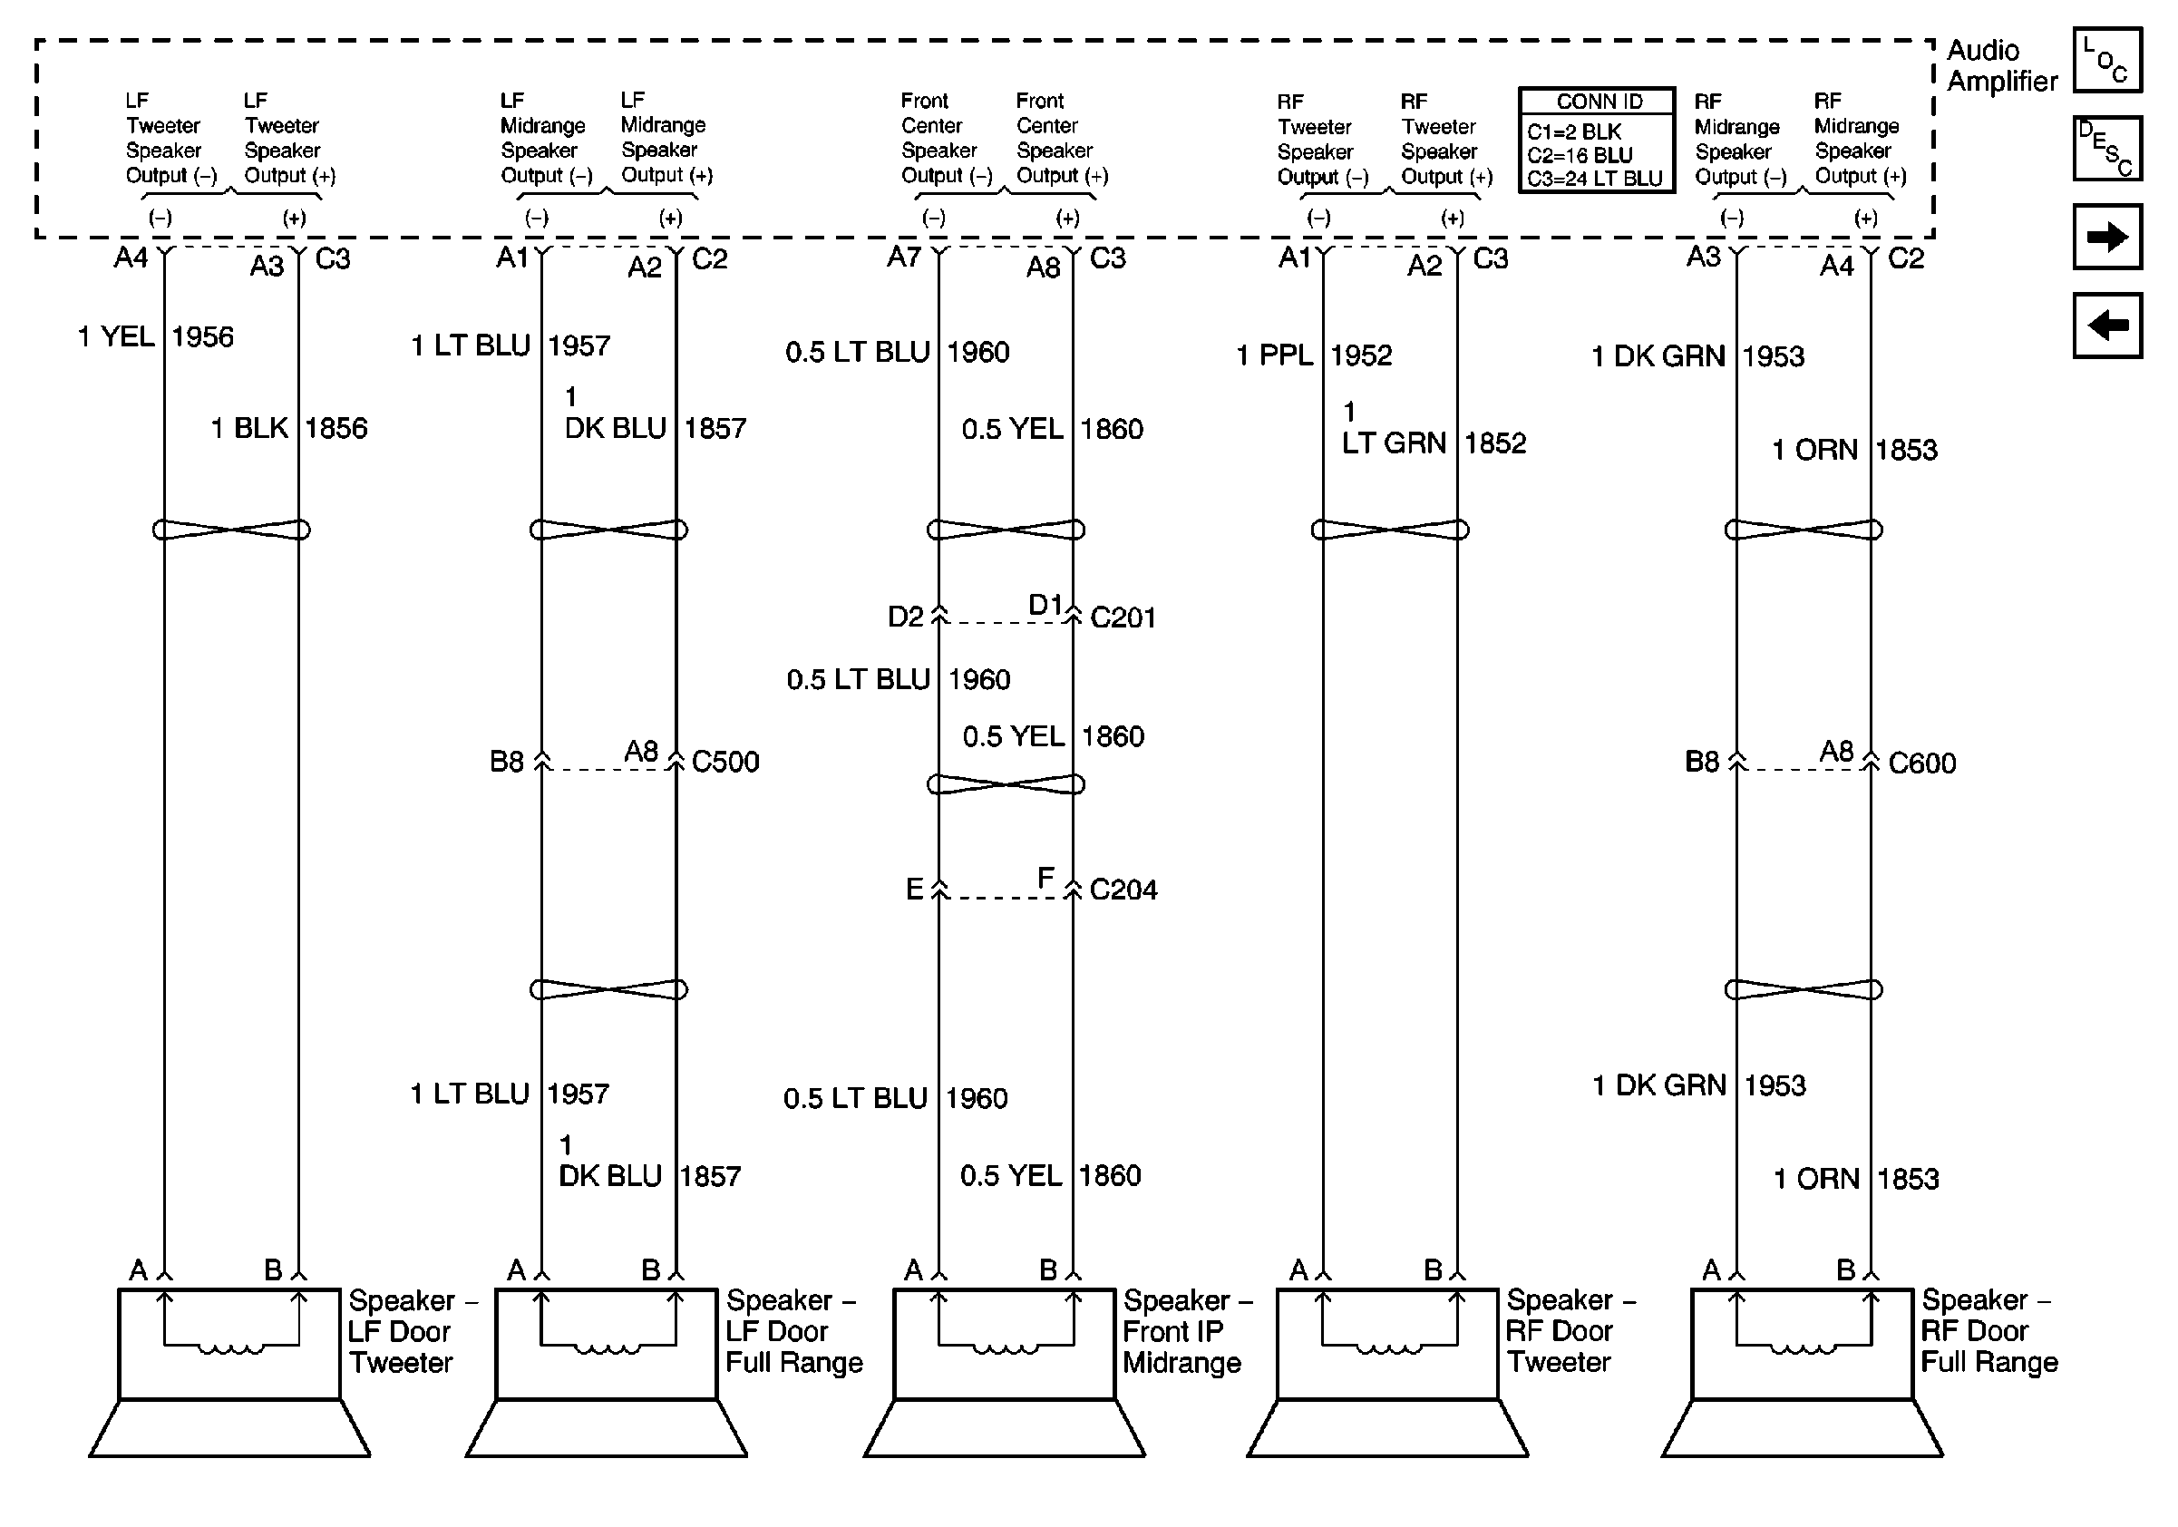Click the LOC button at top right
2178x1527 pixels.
2107,61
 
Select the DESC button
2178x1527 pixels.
2107,149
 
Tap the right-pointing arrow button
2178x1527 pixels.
2107,236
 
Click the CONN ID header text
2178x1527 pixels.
1599,102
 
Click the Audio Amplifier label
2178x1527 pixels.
2001,65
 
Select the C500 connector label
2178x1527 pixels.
724,762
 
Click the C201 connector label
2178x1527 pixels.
1123,618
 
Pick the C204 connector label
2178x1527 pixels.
1123,890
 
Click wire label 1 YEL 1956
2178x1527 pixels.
156,336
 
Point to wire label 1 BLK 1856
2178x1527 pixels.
288,429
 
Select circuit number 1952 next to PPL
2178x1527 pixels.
1360,355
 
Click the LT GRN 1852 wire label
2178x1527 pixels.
1433,443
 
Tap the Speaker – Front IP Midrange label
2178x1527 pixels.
1186,1332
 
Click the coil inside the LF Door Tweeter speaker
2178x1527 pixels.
230,1348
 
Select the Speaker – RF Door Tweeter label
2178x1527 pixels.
1570,1332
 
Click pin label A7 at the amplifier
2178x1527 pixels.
903,257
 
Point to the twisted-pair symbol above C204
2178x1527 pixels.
1006,784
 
